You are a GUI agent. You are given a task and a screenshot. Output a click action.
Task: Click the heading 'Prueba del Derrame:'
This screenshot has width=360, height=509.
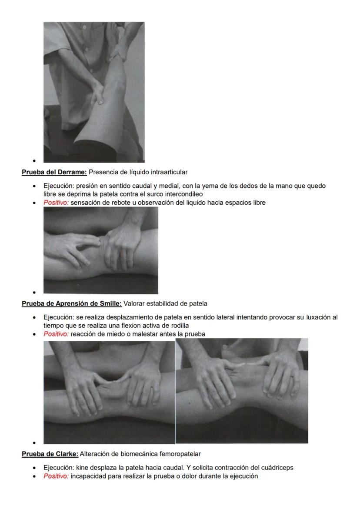pos(54,172)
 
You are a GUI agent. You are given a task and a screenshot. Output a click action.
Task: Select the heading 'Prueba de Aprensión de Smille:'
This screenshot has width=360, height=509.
pos(72,303)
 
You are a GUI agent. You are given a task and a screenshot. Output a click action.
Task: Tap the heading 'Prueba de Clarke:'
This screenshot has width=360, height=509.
pos(50,454)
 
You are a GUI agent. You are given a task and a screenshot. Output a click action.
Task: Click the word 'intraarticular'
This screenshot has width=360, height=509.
pos(169,172)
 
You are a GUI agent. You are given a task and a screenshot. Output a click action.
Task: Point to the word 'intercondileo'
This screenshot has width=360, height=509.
pos(185,194)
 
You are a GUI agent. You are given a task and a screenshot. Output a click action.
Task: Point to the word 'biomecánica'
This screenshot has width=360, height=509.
pos(141,454)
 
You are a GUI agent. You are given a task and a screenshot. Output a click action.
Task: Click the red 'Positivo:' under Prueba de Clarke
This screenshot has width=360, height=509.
pos(56,476)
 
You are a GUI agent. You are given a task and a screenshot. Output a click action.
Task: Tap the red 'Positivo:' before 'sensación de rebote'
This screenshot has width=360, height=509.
pos(56,203)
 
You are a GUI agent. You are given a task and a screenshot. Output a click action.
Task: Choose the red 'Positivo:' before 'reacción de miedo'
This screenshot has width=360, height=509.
pos(56,334)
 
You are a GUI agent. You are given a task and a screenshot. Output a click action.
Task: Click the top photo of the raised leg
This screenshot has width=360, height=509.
pos(94,92)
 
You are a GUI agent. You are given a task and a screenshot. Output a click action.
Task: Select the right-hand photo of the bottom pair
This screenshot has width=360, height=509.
pos(242,391)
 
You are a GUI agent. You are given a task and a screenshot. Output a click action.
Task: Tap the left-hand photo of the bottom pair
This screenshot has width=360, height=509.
pos(109,392)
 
